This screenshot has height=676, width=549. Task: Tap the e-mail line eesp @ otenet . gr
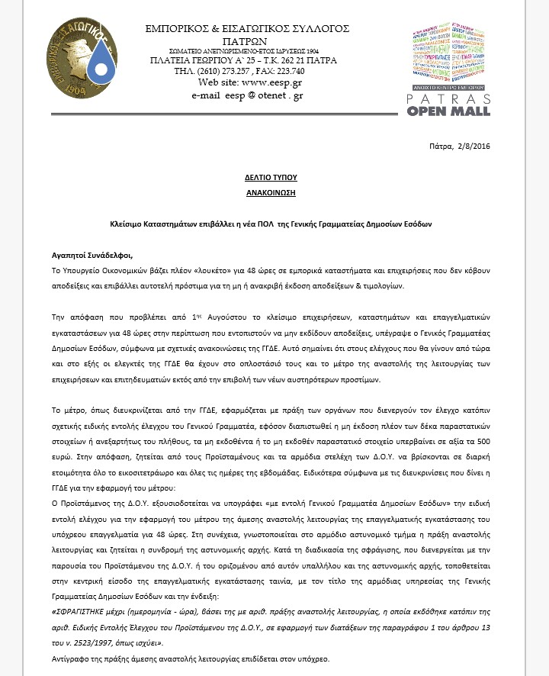[x=264, y=95]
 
